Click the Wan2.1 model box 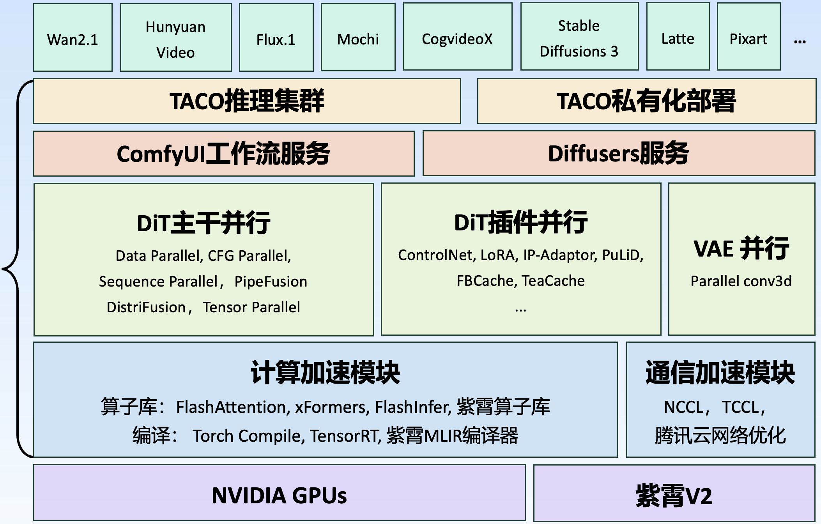click(x=73, y=38)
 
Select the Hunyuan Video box click(x=176, y=38)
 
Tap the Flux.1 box click(x=276, y=38)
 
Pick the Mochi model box click(x=358, y=38)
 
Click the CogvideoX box click(x=457, y=37)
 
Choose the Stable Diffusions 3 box click(x=579, y=37)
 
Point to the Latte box click(x=678, y=37)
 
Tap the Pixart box click(x=748, y=37)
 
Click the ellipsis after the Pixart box click(x=800, y=41)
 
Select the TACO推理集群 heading click(x=247, y=101)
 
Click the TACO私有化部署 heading click(x=646, y=101)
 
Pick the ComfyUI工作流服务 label click(x=223, y=154)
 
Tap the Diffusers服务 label click(x=619, y=154)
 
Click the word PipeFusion click(x=271, y=281)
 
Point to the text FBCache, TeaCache click(x=520, y=281)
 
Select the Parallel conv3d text click(x=741, y=281)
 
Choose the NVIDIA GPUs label click(x=279, y=496)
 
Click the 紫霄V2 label click(x=674, y=496)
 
